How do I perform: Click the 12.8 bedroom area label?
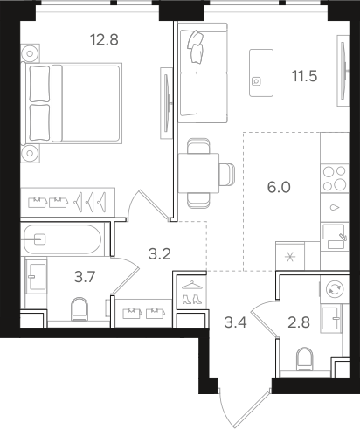(104, 39)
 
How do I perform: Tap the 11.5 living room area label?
(304, 76)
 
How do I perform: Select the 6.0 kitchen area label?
(279, 187)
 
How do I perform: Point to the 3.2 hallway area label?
(159, 254)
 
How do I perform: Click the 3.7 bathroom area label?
(85, 277)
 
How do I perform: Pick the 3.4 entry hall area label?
(235, 322)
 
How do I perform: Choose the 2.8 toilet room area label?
(299, 322)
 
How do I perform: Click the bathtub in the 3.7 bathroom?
(62, 239)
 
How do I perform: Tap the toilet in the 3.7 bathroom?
(80, 308)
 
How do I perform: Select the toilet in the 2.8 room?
(304, 359)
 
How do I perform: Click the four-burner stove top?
(335, 178)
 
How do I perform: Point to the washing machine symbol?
(335, 289)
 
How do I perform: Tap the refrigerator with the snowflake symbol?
(290, 256)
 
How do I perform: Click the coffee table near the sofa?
(261, 73)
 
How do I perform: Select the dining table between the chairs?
(198, 173)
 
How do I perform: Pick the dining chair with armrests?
(227, 174)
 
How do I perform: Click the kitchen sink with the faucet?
(335, 236)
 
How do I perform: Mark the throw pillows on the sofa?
(196, 46)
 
